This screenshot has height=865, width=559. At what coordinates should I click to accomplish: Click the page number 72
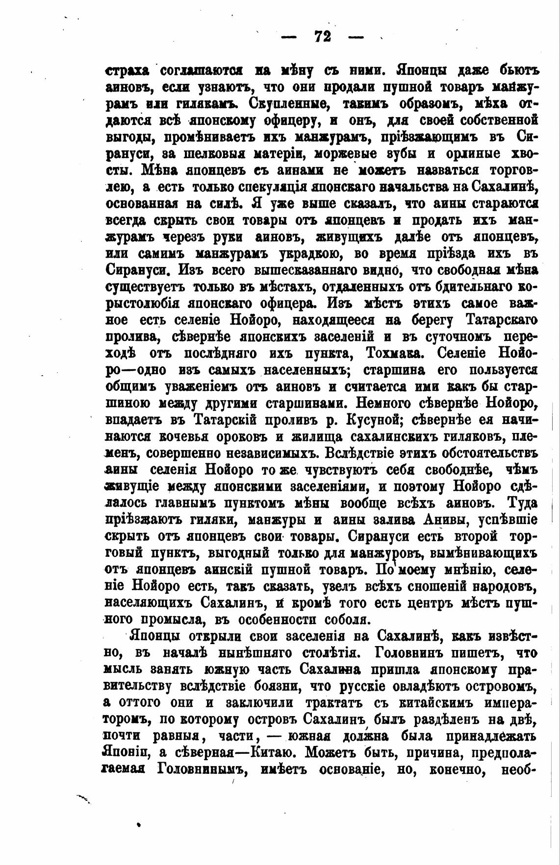[x=321, y=36]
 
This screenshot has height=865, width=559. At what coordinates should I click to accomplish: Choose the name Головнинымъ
[x=202, y=769]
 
